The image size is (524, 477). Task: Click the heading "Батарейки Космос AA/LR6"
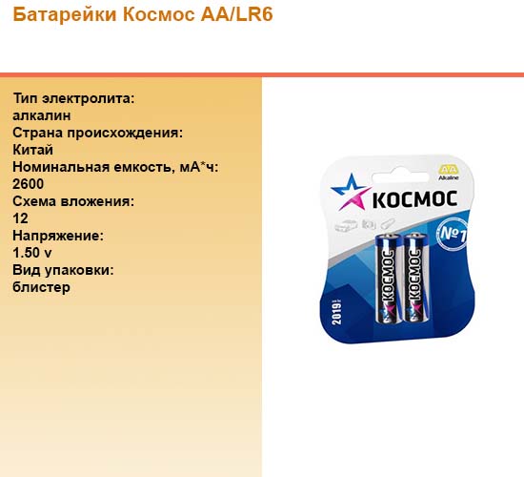point(143,14)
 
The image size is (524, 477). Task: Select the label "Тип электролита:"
point(73,99)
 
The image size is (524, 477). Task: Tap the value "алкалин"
point(42,115)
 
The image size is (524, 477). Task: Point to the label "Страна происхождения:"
point(98,133)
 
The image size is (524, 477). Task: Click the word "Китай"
point(32,150)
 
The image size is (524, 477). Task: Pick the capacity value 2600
point(28,184)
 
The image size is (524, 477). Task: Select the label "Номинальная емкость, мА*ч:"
point(115,167)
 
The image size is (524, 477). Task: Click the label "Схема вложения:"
point(73,201)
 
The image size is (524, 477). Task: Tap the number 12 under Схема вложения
point(20,218)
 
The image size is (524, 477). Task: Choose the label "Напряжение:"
point(58,236)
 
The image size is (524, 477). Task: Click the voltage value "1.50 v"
point(32,253)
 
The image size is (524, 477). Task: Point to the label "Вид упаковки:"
point(63,270)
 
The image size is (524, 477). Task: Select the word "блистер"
point(41,287)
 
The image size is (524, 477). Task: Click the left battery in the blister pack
point(388,279)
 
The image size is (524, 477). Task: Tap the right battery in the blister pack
point(415,278)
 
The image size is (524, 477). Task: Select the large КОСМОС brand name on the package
point(414,199)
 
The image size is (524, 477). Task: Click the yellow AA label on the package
point(448,169)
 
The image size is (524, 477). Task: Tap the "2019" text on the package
point(336,312)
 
